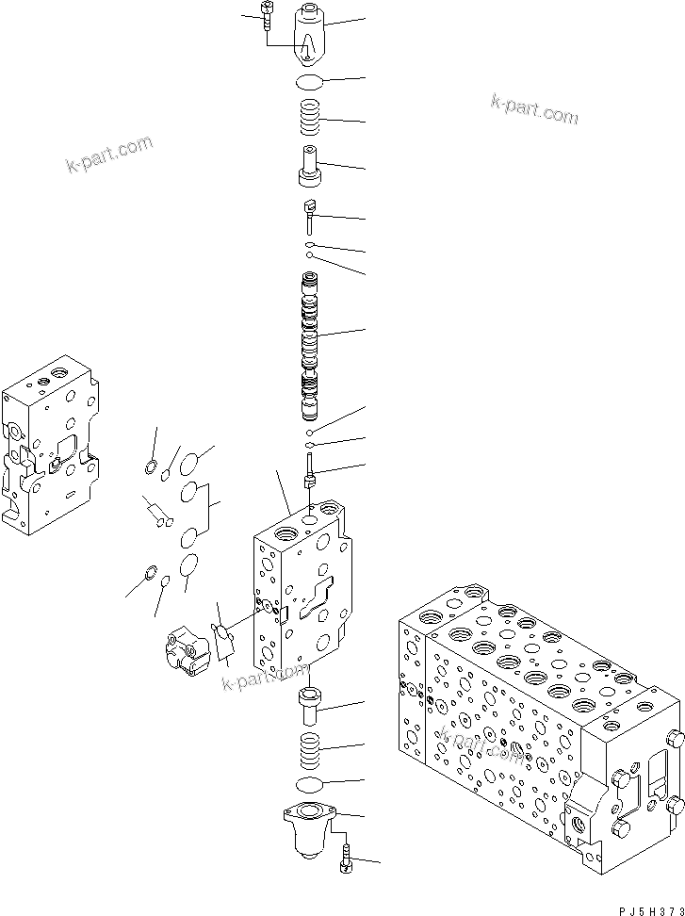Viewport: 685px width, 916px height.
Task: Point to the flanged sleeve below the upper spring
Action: pyautogui.click(x=309, y=166)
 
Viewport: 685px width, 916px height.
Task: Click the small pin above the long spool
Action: pyautogui.click(x=309, y=215)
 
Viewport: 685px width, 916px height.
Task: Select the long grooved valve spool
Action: pyautogui.click(x=310, y=344)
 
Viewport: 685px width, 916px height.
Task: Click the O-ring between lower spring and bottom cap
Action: pyautogui.click(x=310, y=785)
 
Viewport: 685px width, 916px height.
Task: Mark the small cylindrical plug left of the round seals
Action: pyautogui.click(x=156, y=514)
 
